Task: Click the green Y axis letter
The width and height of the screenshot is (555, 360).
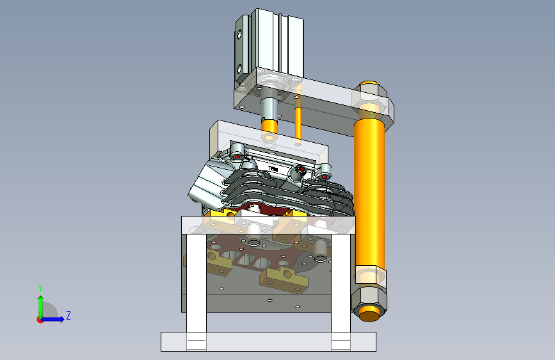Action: pyautogui.click(x=40, y=288)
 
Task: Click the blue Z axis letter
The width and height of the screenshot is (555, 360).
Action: pyautogui.click(x=68, y=315)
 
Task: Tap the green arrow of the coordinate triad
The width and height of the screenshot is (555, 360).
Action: pyautogui.click(x=41, y=307)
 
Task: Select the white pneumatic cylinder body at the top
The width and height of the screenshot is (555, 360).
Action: pyautogui.click(x=269, y=46)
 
